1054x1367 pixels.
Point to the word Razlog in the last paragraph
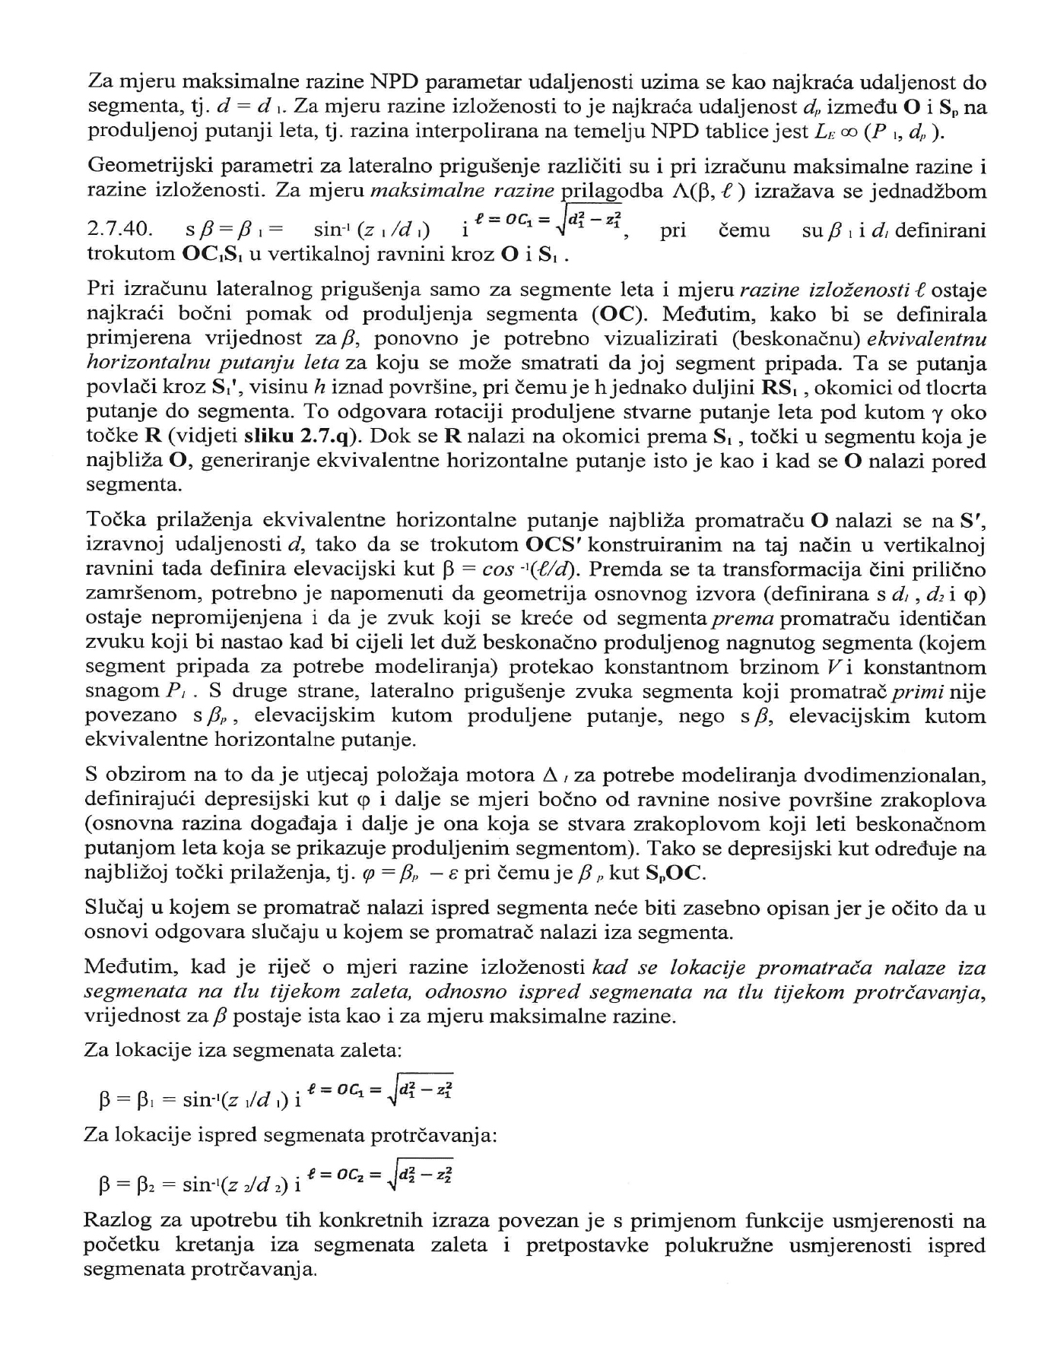tap(112, 1221)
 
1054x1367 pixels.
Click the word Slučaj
tap(113, 907)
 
